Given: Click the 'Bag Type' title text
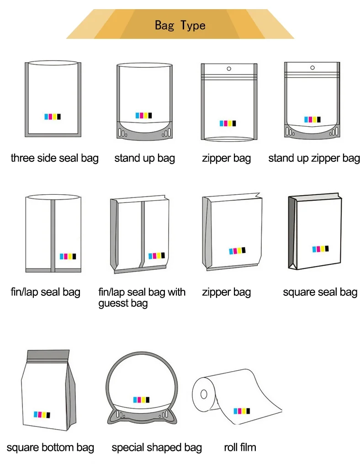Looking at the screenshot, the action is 180,25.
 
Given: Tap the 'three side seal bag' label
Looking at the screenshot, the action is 54,159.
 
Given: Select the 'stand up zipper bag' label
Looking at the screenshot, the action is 314,159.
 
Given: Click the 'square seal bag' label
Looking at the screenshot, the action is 320,292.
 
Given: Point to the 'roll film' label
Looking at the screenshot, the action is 240,447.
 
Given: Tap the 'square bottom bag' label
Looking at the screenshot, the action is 50,447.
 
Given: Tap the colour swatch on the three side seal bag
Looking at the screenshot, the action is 52,117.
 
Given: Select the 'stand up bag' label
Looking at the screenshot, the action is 144,159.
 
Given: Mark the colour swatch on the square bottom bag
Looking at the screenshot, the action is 42,415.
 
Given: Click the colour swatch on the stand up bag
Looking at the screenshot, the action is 143,115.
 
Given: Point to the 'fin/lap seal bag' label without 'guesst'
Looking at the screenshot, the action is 45,292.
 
